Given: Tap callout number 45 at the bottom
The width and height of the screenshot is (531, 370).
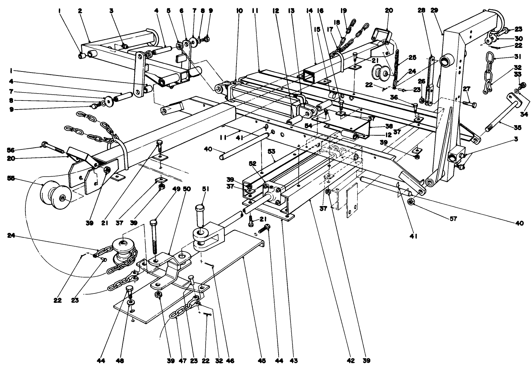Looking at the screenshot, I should (262, 361).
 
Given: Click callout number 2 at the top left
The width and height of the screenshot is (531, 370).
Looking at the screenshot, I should (79, 11).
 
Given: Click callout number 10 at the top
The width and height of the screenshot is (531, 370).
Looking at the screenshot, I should (239, 11).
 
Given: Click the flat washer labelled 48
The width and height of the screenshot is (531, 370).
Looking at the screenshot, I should (130, 302).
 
